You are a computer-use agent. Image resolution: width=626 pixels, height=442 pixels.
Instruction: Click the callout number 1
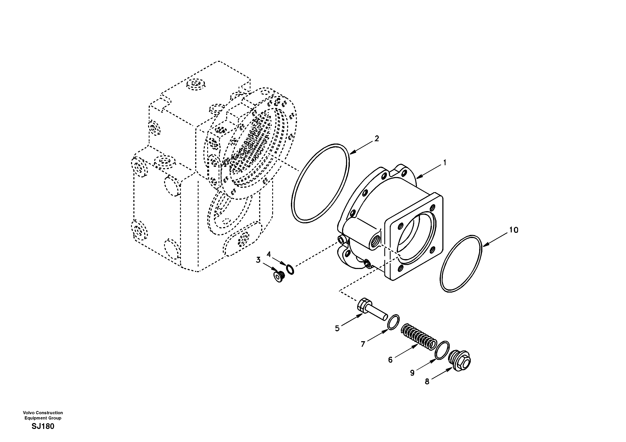click(x=445, y=163)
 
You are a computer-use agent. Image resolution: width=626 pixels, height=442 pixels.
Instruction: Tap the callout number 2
click(x=377, y=139)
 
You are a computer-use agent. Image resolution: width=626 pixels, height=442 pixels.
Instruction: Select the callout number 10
click(x=514, y=230)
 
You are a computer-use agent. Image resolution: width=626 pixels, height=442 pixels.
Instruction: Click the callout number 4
click(x=269, y=254)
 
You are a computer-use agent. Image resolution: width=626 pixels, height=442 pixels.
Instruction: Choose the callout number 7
click(x=363, y=344)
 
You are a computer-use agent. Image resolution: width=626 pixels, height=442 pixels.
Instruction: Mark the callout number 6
click(x=390, y=360)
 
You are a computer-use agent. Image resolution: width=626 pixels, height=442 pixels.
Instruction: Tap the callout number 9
click(x=412, y=373)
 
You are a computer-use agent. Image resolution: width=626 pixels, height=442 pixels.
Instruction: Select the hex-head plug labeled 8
click(x=460, y=360)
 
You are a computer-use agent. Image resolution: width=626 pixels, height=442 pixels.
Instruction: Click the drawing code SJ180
click(x=43, y=426)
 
